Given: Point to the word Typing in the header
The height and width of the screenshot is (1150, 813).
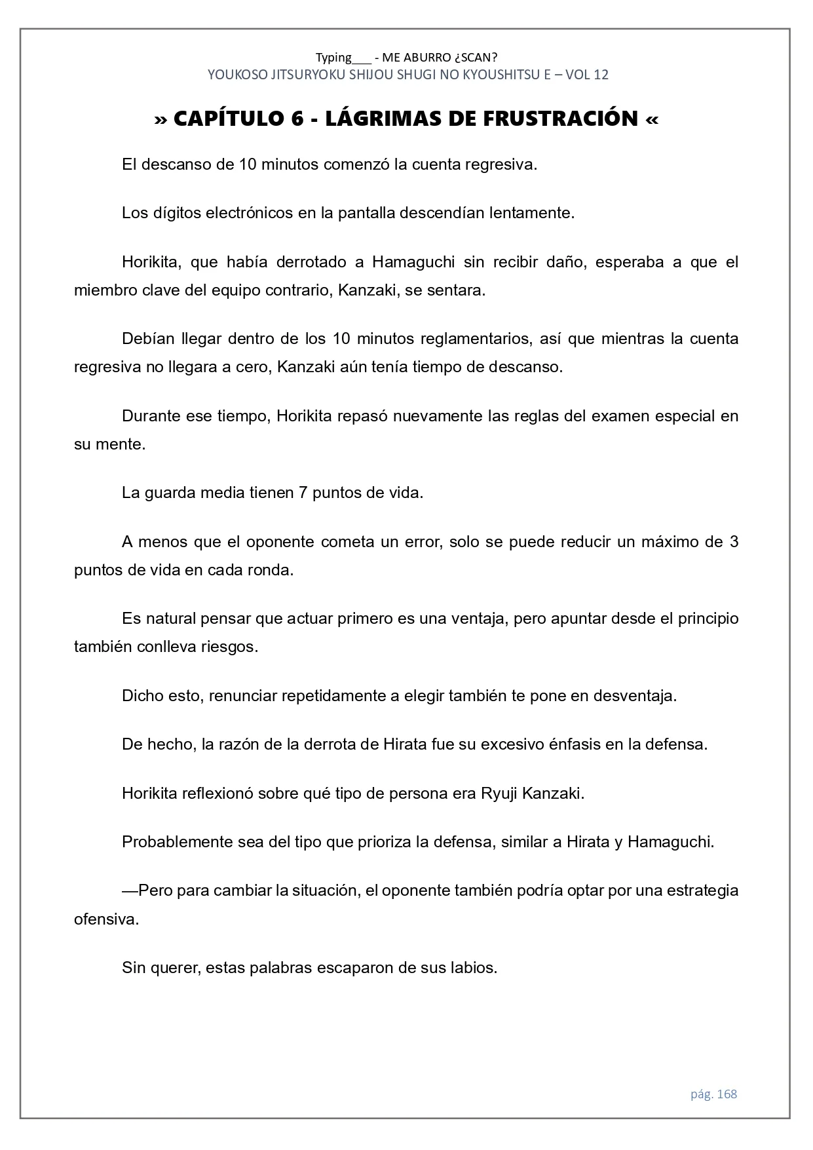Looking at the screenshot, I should click(x=333, y=57).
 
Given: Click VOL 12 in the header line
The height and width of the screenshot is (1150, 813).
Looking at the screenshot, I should click(x=586, y=75).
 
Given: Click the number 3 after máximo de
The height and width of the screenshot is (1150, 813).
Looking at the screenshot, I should click(x=734, y=542).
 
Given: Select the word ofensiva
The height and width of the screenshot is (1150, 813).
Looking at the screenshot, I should click(x=105, y=919).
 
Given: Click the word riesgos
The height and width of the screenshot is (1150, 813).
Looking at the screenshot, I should click(x=229, y=647).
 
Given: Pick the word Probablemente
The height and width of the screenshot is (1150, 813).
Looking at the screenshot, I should click(x=173, y=842).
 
